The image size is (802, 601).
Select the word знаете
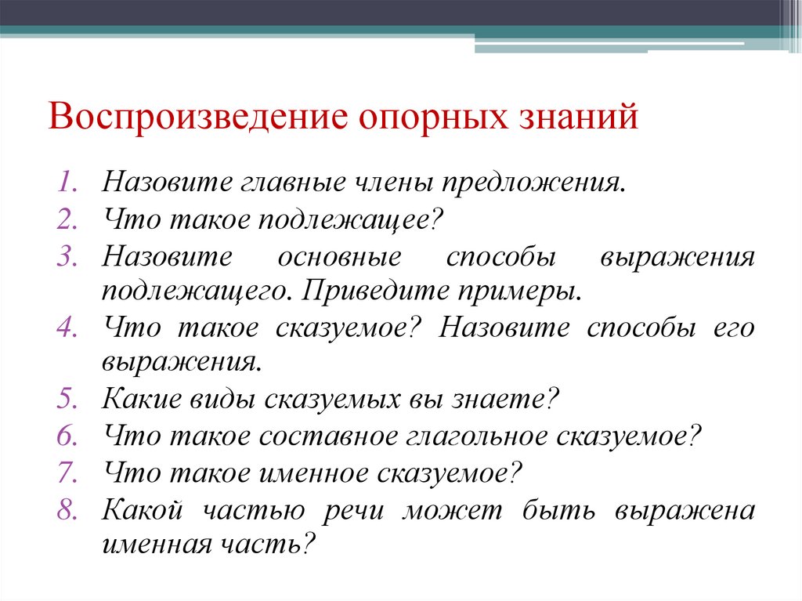(x=506, y=400)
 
